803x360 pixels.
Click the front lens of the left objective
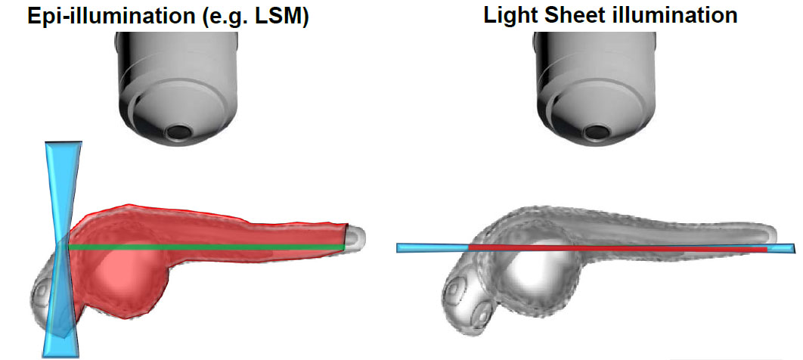click(180, 133)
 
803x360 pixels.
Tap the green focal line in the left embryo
click(204, 247)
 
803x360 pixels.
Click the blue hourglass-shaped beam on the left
click(61, 250)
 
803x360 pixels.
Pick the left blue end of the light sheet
click(431, 247)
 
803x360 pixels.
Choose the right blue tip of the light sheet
click(782, 248)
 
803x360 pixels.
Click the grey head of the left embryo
click(45, 299)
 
